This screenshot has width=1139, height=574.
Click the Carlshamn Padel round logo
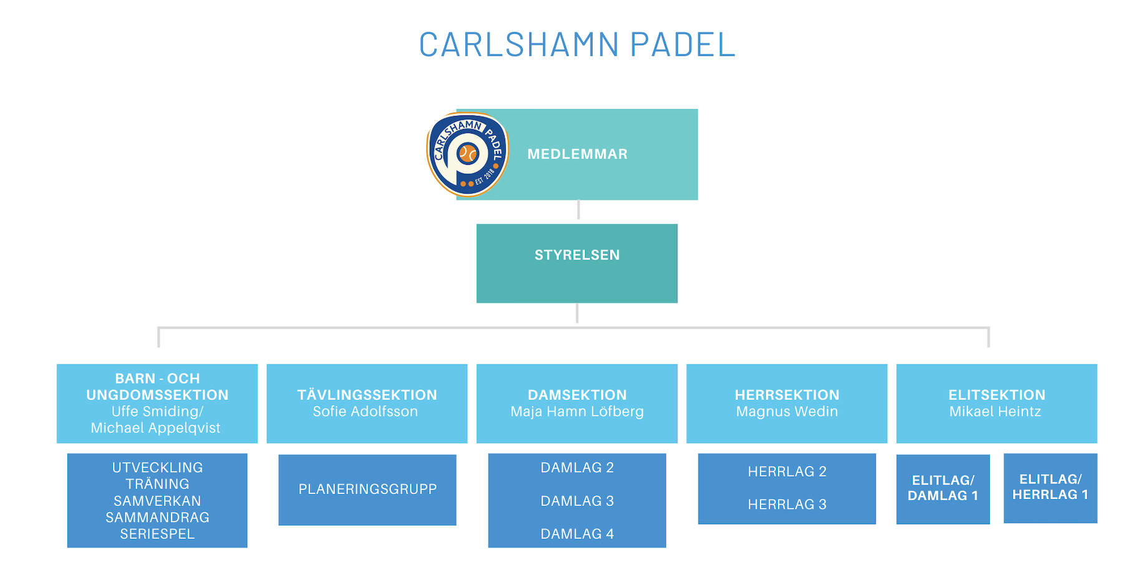tap(467, 154)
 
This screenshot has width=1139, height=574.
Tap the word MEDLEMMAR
tap(578, 154)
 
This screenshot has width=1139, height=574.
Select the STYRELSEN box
tap(577, 263)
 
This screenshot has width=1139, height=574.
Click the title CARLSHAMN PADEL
tap(577, 44)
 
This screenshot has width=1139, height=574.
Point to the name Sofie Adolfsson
tap(366, 412)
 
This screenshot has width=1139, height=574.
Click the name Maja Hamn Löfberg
tap(577, 412)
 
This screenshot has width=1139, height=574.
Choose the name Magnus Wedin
tap(787, 412)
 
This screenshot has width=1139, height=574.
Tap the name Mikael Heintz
tap(996, 412)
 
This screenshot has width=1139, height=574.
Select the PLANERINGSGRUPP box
tap(367, 490)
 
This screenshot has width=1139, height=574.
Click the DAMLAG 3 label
tap(577, 501)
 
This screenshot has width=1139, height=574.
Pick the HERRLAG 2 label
tap(787, 472)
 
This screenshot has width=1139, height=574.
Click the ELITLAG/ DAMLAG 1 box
tap(943, 489)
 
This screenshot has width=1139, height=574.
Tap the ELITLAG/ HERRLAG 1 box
tap(1050, 488)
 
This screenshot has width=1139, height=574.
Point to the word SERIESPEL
tap(157, 534)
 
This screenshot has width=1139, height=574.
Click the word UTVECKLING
tap(157, 468)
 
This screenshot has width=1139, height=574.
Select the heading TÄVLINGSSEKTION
tap(367, 395)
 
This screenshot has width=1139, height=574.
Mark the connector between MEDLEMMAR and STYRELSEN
tap(578, 210)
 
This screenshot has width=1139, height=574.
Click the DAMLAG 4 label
tap(577, 534)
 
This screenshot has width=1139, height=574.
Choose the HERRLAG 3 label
tap(787, 505)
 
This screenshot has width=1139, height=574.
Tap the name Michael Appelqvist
tap(155, 428)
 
